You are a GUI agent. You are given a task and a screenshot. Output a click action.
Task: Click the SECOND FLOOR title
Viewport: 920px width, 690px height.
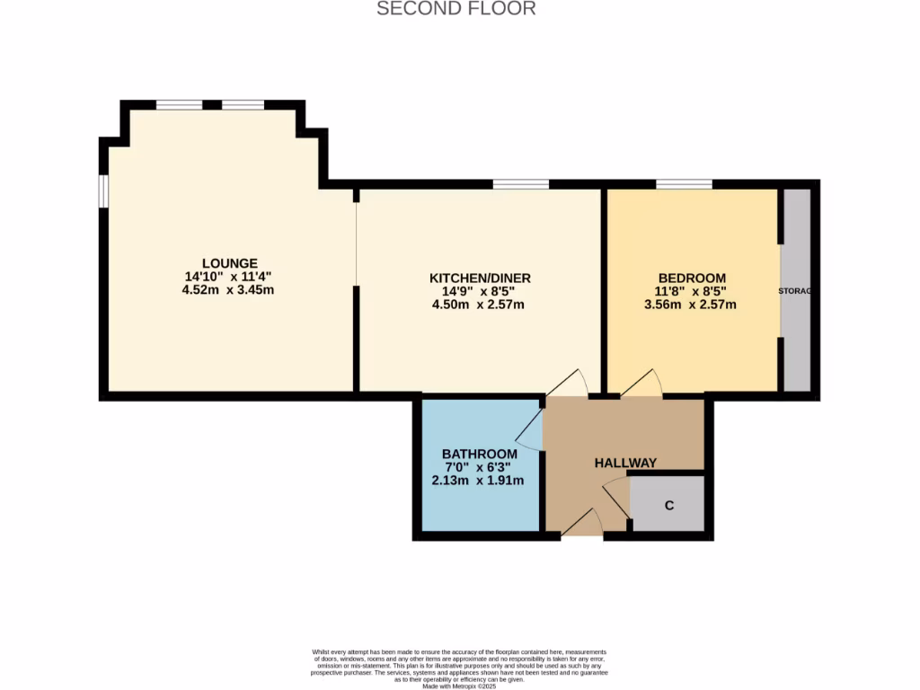coord(456,9)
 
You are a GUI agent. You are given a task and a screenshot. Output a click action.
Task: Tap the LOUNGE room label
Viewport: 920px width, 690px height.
coord(229,262)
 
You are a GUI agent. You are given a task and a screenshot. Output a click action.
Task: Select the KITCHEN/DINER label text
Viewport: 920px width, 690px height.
coord(480,279)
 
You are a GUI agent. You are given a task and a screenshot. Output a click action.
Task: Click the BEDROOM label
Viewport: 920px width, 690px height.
coord(692,279)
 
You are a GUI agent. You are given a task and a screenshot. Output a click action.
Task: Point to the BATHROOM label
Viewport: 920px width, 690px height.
coord(480,454)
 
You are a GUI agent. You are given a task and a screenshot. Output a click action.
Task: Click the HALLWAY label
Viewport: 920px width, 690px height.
coord(625,463)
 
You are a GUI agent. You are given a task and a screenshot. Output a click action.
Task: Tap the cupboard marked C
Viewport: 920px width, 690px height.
coord(668,505)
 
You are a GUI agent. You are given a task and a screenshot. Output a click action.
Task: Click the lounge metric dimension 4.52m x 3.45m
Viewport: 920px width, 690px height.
coord(228,290)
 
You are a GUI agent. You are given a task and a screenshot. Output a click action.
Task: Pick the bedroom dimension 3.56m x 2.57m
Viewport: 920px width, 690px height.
coord(690,305)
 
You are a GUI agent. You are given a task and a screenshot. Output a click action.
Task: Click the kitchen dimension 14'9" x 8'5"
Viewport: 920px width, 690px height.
coord(480,291)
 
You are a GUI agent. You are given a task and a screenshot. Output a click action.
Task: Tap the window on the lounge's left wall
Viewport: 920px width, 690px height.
coord(104,191)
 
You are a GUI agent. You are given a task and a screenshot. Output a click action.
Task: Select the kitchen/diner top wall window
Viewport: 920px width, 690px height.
coord(520,184)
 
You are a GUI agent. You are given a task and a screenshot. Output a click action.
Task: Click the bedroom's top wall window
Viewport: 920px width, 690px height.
coord(684,184)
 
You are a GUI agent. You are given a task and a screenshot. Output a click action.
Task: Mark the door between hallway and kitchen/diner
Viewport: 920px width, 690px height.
coord(567,384)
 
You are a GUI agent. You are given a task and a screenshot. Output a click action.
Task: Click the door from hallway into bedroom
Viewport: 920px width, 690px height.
coord(641,384)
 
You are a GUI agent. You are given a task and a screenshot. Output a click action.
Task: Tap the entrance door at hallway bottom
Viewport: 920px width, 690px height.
coord(582,524)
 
